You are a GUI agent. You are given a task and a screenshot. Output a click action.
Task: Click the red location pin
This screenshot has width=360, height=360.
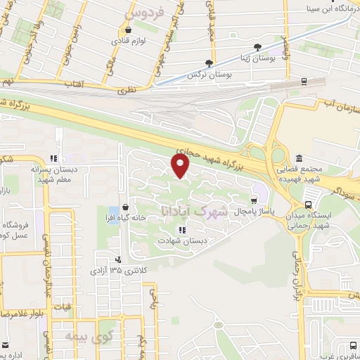pyautogui.click(x=181, y=166)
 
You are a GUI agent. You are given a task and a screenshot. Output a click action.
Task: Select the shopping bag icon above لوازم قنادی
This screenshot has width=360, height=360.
pyautogui.click(x=127, y=31)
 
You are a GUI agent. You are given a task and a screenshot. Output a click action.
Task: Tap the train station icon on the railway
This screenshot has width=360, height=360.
pyautogui.click(x=303, y=82)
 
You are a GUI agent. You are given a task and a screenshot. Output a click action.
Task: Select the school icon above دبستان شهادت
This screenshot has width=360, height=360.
pyautogui.click(x=181, y=229)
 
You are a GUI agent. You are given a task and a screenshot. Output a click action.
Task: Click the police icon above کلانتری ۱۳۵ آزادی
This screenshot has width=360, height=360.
pyautogui.click(x=117, y=259)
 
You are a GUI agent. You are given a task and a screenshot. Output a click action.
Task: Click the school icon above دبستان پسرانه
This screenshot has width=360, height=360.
pyautogui.click(x=53, y=158)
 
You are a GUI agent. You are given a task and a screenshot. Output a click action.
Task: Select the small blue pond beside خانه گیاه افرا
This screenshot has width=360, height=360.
pyautogui.click(x=113, y=211)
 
